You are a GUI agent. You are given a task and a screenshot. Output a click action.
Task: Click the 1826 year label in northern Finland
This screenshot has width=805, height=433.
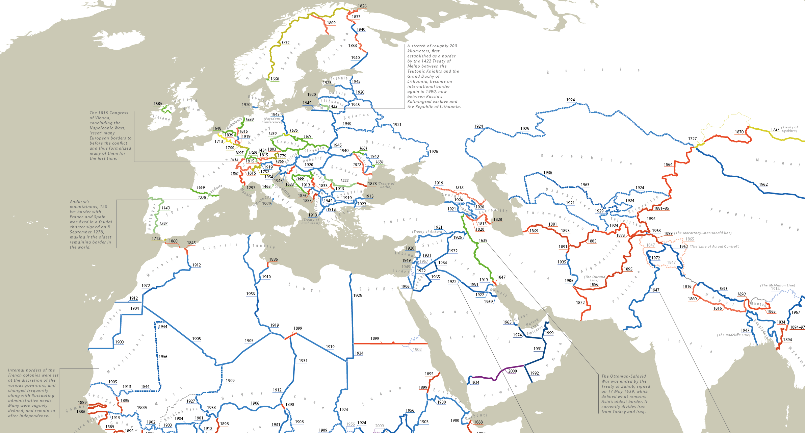pos(362,6)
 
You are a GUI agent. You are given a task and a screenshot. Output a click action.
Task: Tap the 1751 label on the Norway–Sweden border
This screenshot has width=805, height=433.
pos(285,43)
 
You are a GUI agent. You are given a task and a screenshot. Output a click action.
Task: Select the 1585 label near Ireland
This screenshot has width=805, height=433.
pos(158,104)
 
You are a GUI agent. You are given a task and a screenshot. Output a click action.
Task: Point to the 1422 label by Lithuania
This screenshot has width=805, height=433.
pos(333,106)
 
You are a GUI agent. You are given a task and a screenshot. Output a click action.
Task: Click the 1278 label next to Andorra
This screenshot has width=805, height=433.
pos(202,198)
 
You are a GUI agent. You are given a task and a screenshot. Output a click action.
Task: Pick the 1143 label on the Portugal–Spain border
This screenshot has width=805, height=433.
pos(165,208)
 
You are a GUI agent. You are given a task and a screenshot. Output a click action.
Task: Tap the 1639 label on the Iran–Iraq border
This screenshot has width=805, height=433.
pos(483,240)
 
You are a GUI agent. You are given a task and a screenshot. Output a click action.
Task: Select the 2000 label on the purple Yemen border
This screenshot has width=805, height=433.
pos(512,371)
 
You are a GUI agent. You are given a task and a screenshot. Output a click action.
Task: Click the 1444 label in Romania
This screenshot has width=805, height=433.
pos(344,181)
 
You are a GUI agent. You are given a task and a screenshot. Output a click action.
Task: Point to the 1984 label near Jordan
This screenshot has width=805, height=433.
pos(442,263)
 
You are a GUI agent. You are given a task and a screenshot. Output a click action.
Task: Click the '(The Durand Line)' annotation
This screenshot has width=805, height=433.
pos(594,278)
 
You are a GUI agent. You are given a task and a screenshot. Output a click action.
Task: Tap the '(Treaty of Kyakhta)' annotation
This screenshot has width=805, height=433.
pos(790,129)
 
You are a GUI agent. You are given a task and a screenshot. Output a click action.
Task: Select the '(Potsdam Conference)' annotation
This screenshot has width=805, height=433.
pos(272,121)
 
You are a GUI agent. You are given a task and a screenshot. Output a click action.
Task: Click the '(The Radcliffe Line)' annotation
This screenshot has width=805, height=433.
pos(733,335)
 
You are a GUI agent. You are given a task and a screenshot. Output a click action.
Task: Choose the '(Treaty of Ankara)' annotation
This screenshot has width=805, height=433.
pos(427,232)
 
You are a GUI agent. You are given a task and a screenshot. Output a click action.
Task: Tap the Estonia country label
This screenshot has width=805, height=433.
pos(339,78)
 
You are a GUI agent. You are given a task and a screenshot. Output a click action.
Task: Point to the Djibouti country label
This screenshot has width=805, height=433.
pos(476,416)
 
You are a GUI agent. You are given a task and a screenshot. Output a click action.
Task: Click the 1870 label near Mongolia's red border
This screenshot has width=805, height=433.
pos(739,132)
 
